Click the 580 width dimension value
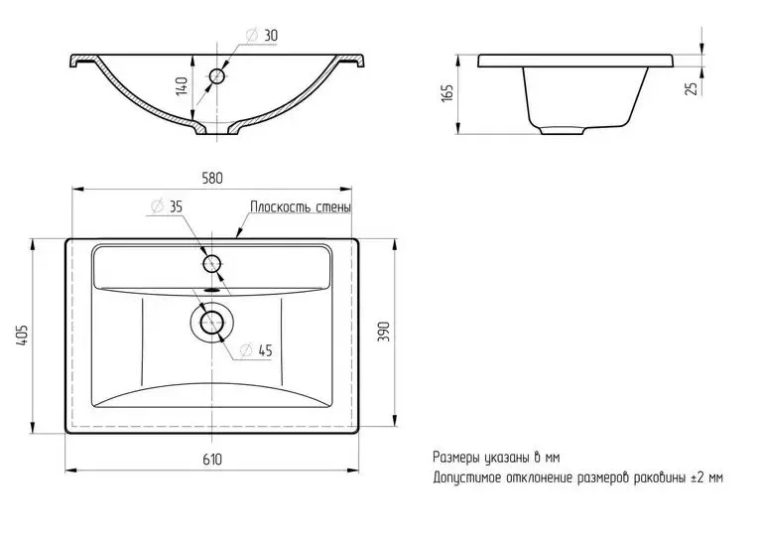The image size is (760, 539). tap(212, 178)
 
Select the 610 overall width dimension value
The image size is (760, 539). tap(212, 459)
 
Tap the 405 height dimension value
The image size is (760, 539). tap(23, 335)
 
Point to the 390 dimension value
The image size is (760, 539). tap(383, 332)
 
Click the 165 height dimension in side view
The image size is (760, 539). tap(446, 92)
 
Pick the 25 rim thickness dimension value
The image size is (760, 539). tap(693, 87)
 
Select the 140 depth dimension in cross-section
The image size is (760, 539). tap(182, 85)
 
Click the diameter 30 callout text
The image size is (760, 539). tap(262, 36)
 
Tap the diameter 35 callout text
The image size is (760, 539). tap(167, 206)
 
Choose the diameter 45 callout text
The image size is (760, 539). tap(257, 350)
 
